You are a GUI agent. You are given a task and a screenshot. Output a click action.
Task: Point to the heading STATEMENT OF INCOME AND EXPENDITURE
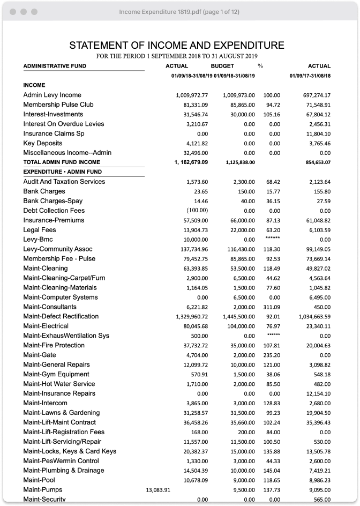click(x=177, y=46)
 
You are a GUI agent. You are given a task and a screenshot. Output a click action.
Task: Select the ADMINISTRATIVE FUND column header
click(x=55, y=66)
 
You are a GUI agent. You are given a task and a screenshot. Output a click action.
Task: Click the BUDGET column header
click(x=222, y=66)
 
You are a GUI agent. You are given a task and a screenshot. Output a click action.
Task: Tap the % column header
click(x=260, y=66)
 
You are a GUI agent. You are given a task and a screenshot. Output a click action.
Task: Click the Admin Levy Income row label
click(x=52, y=95)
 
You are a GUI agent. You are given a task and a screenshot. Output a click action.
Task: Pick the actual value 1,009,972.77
click(x=192, y=95)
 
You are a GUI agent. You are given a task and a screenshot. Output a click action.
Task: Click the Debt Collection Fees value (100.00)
click(x=197, y=211)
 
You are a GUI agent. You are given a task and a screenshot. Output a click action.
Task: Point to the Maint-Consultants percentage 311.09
click(x=272, y=307)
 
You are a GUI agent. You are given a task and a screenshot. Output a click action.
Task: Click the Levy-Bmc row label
click(x=38, y=240)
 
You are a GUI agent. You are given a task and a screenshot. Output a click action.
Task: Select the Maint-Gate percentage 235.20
click(x=272, y=355)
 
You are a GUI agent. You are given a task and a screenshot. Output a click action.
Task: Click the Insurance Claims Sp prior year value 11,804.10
click(x=317, y=134)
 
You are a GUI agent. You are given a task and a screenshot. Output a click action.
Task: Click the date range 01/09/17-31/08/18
click(x=310, y=76)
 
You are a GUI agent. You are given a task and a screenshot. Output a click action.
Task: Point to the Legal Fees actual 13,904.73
click(x=194, y=230)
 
